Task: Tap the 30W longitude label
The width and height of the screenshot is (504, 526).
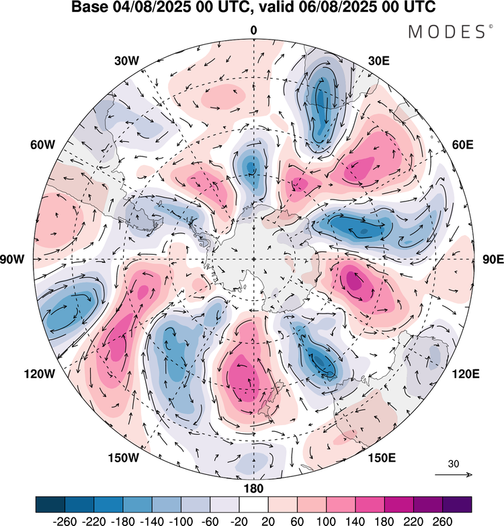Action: [126, 60]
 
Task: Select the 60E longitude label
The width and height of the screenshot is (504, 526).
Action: [462, 144]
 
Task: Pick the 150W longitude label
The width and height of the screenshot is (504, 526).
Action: [123, 458]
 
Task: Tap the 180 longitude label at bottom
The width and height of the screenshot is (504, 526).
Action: [254, 488]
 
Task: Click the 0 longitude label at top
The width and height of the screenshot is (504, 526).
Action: [254, 30]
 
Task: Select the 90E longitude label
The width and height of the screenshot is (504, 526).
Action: [493, 259]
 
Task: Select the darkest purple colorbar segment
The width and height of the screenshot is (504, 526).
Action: [456, 505]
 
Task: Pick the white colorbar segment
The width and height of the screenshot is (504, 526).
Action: [253, 505]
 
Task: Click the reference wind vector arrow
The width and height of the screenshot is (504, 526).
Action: [454, 475]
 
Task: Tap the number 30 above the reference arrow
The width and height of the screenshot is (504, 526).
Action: [454, 464]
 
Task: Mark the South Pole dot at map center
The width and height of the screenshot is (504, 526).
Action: [253, 259]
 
